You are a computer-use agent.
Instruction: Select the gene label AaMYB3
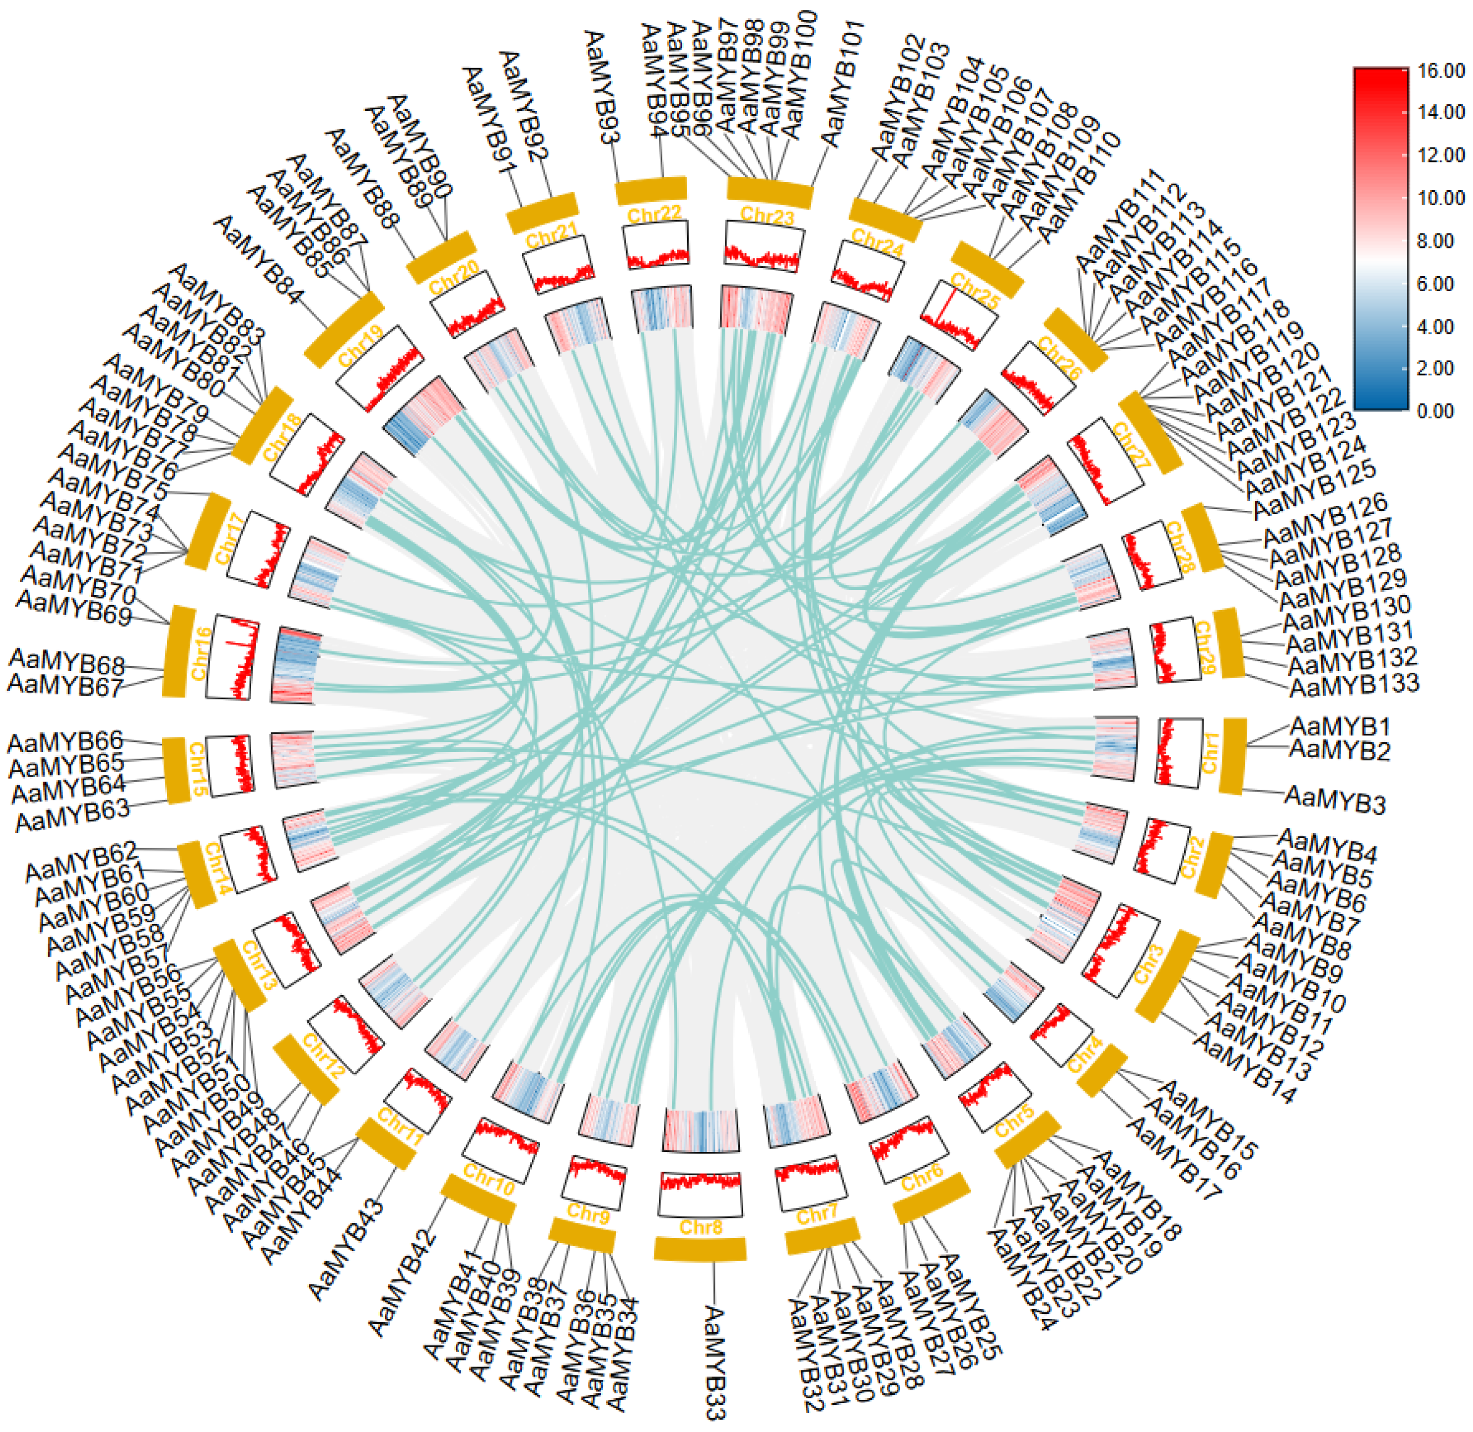pyautogui.click(x=1335, y=800)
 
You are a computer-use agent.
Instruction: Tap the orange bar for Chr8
pyautogui.click(x=699, y=1249)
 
